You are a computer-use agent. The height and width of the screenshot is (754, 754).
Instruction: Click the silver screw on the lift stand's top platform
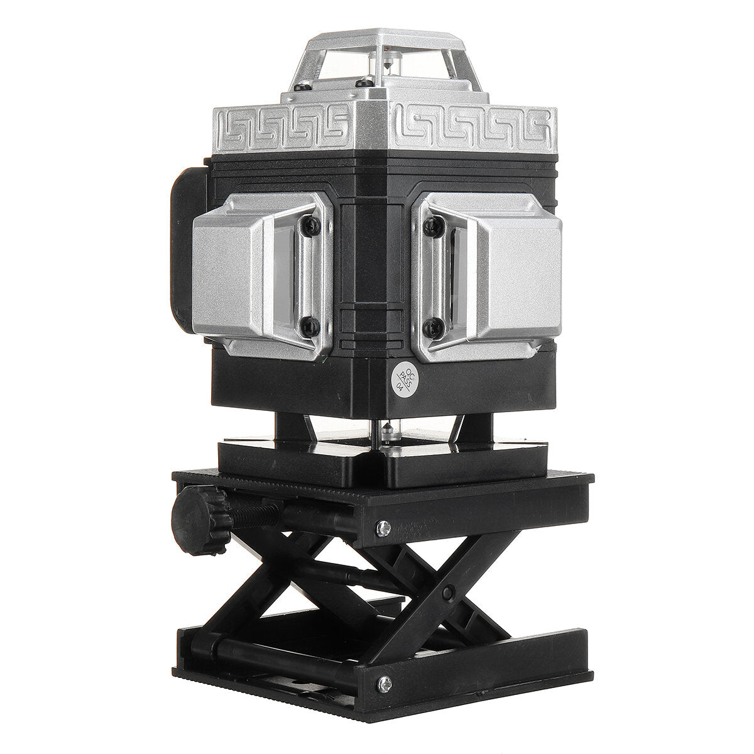pyautogui.click(x=383, y=529)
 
